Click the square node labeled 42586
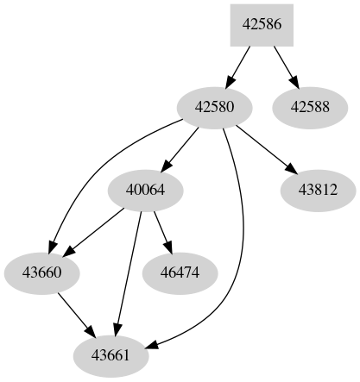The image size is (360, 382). pos(262,25)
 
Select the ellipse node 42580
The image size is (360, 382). pos(215,107)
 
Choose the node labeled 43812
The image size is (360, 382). pos(318,190)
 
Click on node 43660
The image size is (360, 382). pos(42,273)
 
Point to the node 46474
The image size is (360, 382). pos(180,273)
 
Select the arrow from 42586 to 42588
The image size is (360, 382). pos(283,65)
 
